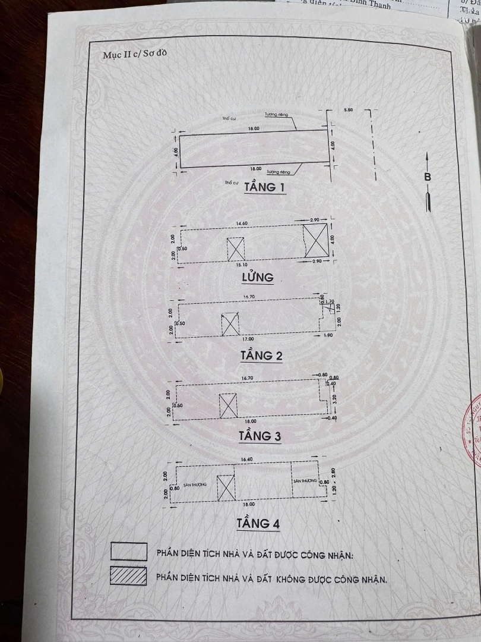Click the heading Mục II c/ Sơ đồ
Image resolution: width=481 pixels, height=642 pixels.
point(135,54)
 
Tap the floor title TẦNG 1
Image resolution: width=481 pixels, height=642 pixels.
point(265,188)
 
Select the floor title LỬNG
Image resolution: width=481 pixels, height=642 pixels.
point(257,277)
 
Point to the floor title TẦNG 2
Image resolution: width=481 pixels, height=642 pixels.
point(261,355)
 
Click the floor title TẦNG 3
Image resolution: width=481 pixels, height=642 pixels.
point(260,436)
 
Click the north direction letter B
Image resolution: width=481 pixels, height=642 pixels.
point(428,177)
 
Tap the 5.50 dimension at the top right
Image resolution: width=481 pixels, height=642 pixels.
point(349,111)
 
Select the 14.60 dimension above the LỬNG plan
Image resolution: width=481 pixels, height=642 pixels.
point(241,223)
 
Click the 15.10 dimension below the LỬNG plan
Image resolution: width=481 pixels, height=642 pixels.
point(240,264)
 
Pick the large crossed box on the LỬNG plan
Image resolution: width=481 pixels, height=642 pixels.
point(315,240)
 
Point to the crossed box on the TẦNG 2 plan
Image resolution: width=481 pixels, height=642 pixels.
point(230,325)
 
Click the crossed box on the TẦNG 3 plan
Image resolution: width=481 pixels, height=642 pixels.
point(228,405)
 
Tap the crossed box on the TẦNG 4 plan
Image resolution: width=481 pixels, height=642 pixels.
point(226,487)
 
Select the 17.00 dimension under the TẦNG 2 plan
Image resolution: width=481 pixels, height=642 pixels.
point(240,339)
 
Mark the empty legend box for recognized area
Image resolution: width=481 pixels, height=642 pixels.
point(129,552)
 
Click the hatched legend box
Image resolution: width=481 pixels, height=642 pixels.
point(128,576)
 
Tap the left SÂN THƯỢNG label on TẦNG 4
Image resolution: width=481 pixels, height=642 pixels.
point(195,485)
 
